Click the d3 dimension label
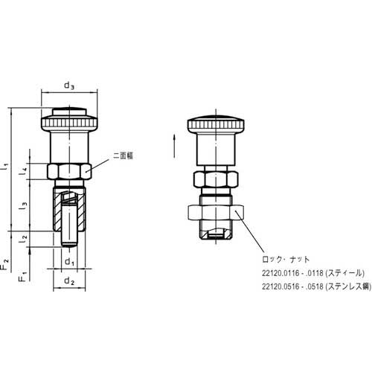(x=68, y=86)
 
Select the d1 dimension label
(x=68, y=261)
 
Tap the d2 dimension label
(x=68, y=280)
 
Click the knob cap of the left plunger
(x=68, y=117)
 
